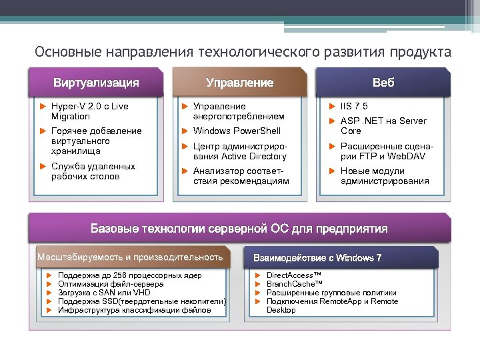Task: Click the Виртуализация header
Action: [96, 83]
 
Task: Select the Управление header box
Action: [239, 83]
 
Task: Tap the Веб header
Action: [383, 83]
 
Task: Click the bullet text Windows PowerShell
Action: [237, 131]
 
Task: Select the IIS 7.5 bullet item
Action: [354, 106]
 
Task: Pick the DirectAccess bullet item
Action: [294, 275]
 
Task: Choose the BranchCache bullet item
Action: [294, 284]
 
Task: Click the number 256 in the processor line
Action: [119, 275]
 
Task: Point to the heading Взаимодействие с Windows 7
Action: [317, 258]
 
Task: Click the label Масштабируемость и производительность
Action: [130, 257]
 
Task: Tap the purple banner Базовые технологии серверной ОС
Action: [239, 229]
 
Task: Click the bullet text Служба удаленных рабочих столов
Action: [93, 171]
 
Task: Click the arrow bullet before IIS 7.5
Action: [333, 106]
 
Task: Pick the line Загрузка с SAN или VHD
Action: [104, 293]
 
